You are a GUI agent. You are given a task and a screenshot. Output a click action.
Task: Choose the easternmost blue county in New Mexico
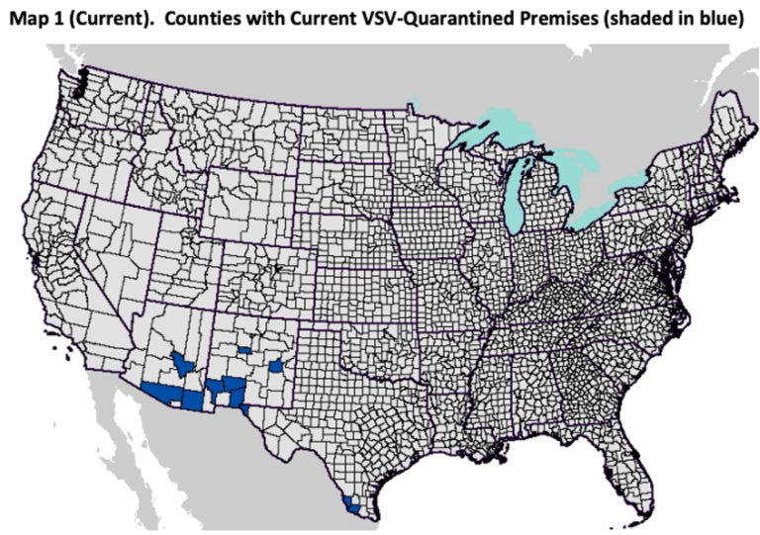click(x=276, y=366)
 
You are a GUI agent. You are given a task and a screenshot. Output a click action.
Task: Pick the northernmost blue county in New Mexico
click(x=245, y=350)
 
